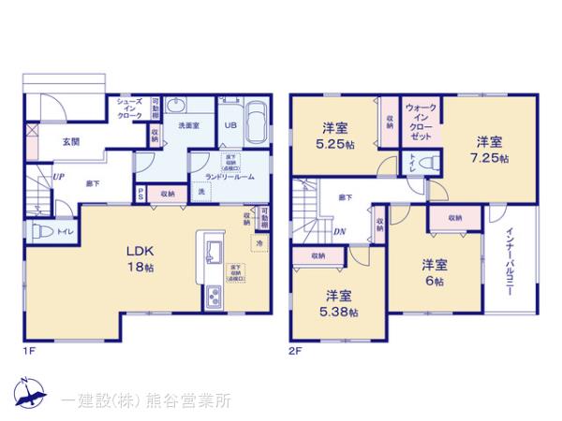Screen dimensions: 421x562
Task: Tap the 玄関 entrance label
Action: coord(71,142)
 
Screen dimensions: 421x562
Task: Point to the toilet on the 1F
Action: coord(42,230)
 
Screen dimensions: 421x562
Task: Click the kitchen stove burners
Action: coord(213,298)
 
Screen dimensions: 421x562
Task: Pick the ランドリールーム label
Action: coord(222,176)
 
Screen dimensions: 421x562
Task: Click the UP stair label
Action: coord(58,175)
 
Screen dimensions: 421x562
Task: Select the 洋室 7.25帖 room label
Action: coord(490,150)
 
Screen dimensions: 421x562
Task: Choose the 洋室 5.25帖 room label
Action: coord(334,136)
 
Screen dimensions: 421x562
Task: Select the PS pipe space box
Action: coord(140,194)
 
